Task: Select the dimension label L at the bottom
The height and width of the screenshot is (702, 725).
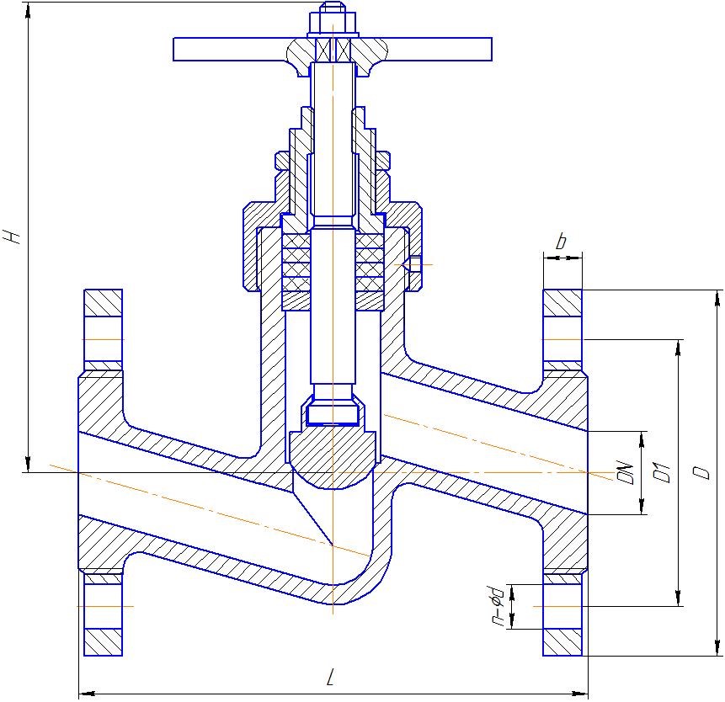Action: [332, 678]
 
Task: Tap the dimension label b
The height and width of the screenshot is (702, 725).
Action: [562, 242]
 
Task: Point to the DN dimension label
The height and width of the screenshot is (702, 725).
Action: [625, 471]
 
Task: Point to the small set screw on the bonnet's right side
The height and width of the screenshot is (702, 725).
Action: [414, 265]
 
